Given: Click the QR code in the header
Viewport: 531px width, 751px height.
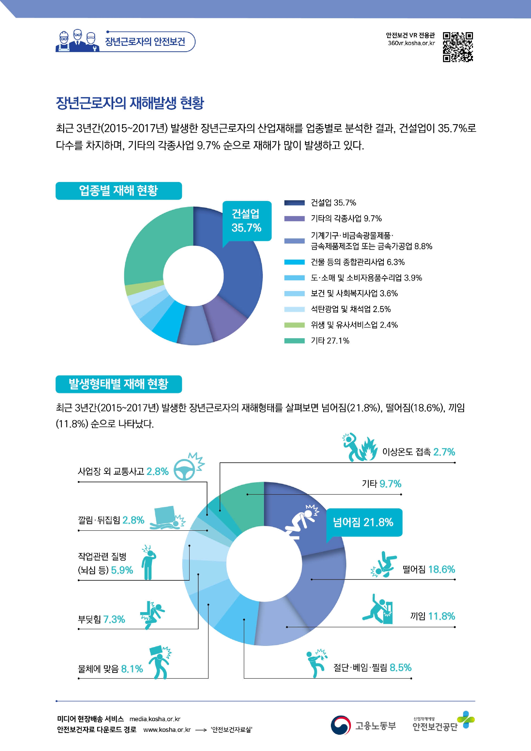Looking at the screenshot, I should [458, 47].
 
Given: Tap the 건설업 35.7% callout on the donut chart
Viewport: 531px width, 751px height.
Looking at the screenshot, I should [247, 221].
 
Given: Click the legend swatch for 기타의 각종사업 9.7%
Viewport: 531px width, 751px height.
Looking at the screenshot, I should [294, 219].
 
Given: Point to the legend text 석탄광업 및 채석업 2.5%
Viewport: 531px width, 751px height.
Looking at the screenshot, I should [350, 309].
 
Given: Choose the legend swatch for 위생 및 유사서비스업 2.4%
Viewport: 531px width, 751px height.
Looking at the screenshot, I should [294, 325].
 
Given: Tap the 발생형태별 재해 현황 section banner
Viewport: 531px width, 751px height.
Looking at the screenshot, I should [118, 384].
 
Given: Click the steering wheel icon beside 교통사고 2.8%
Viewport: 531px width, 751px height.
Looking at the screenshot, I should [184, 470].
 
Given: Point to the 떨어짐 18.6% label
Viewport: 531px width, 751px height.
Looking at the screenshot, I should [429, 570].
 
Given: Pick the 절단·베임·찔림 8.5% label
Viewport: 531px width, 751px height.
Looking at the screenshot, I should [372, 668].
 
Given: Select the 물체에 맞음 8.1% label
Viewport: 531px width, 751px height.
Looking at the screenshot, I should [110, 669].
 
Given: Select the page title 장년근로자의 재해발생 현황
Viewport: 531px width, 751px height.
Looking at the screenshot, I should [130, 103].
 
